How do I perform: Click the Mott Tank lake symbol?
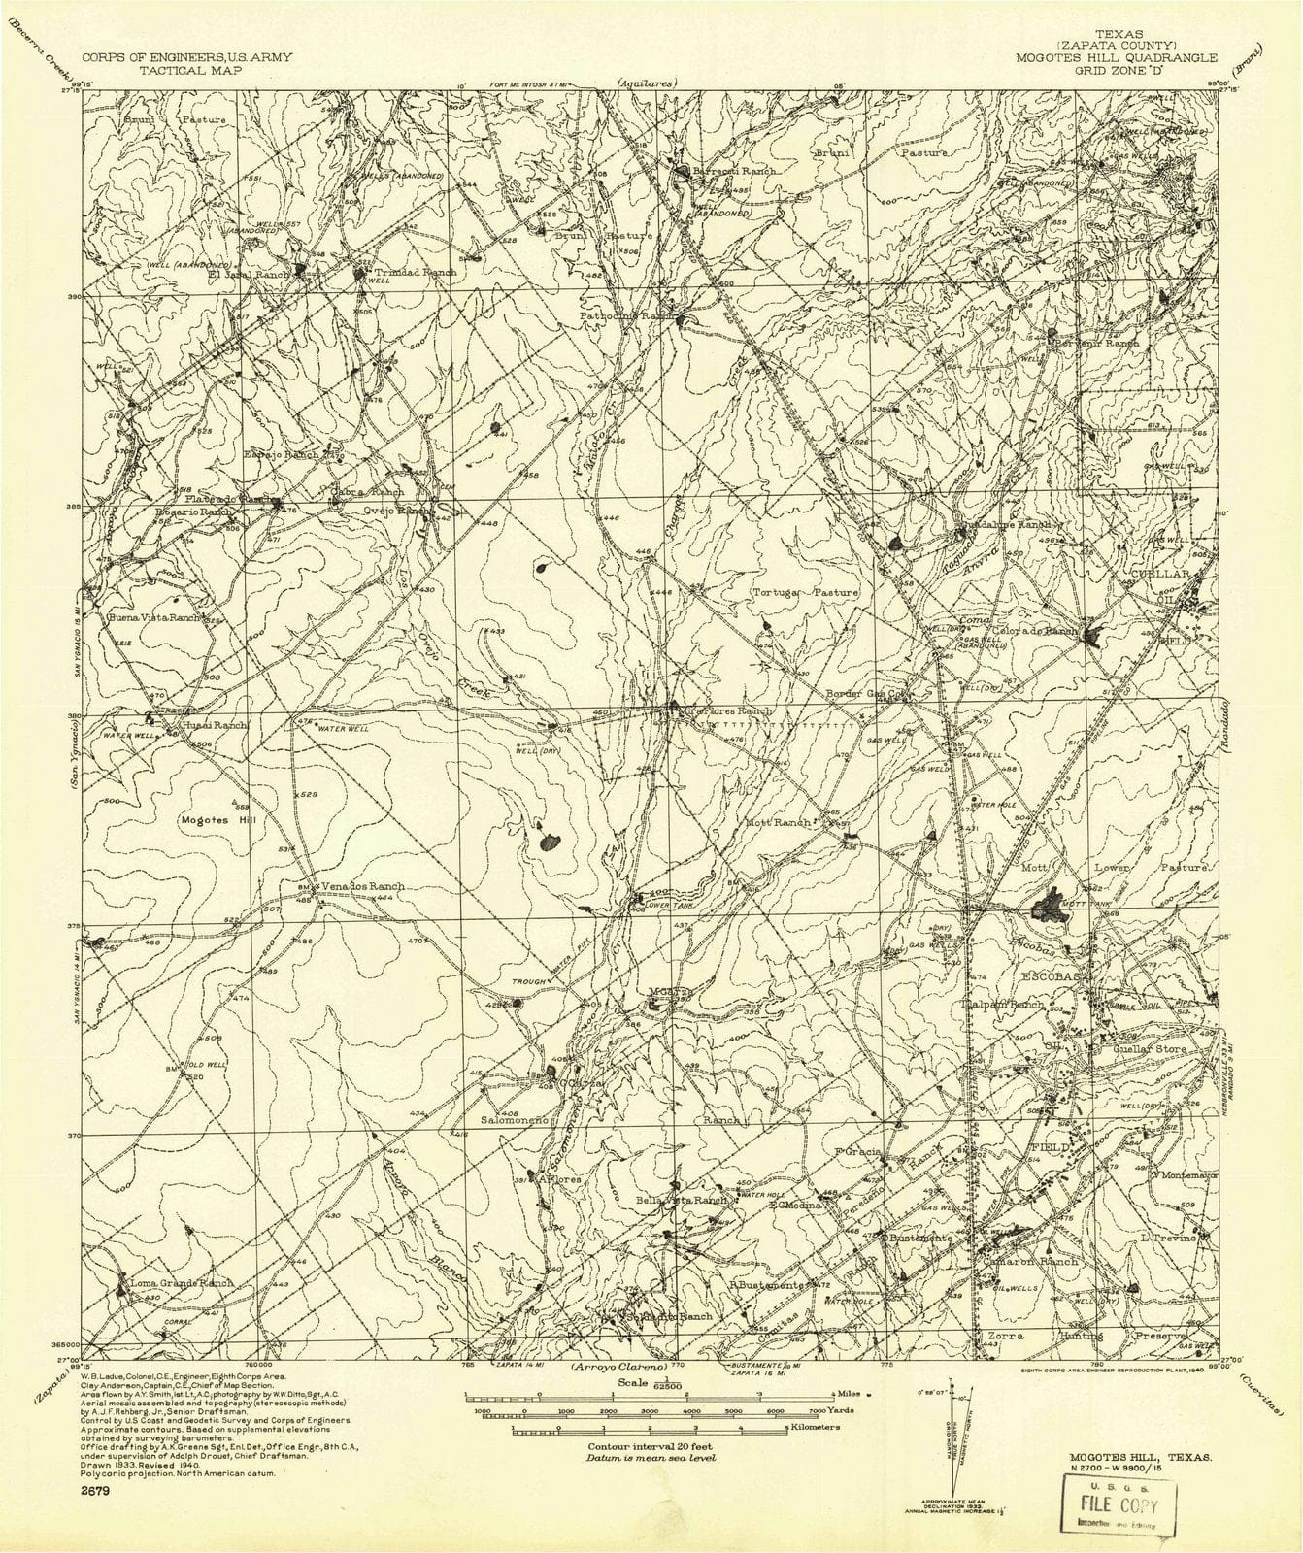[x=1049, y=906]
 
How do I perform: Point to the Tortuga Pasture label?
[x=806, y=592]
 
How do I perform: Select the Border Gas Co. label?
[x=865, y=694]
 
